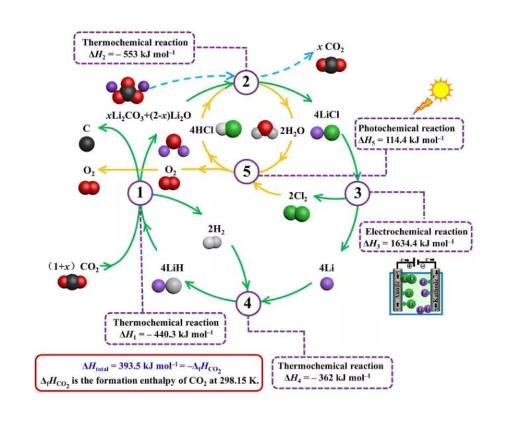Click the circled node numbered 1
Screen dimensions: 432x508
pos(140,194)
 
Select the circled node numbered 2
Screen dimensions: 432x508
pos(245,83)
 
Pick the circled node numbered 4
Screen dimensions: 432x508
pos(247,303)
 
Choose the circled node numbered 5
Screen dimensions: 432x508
pos(246,172)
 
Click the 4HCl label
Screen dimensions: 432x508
pos(201,130)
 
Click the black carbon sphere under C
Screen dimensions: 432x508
pos(87,144)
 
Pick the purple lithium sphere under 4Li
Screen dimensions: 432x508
pos(325,285)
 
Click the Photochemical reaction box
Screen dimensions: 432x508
pos(410,134)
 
